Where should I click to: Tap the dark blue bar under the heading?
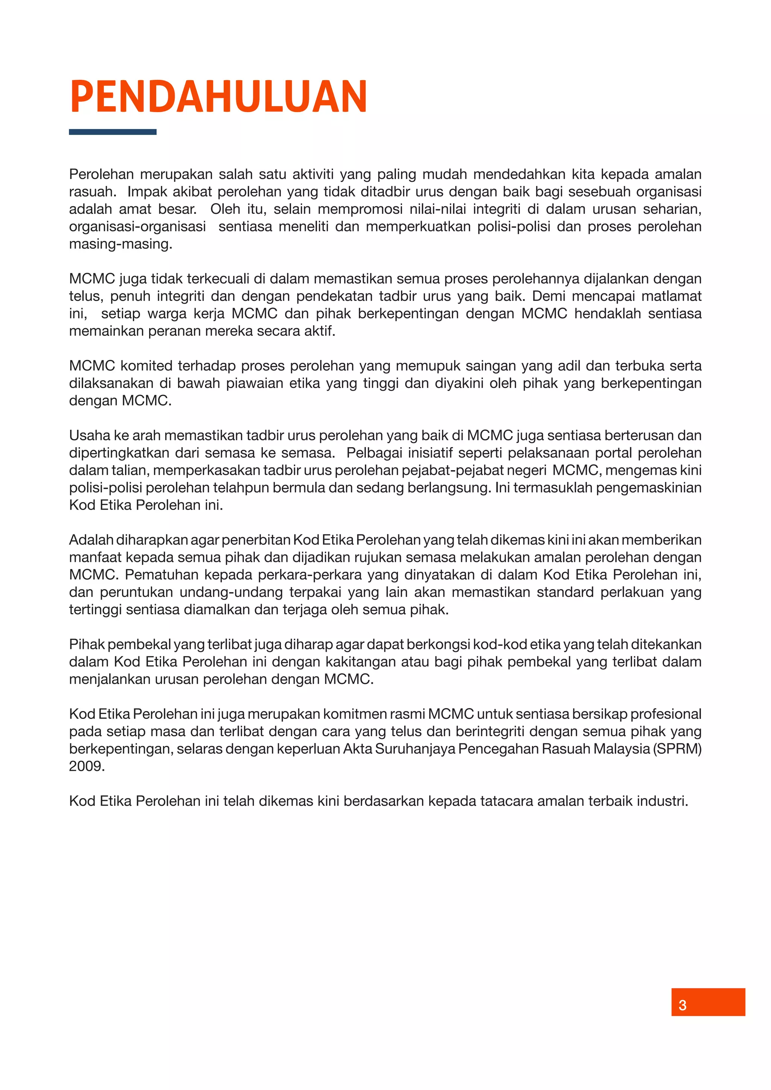pos(113,132)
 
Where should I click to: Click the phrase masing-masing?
pos(120,244)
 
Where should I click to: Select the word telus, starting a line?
pos(86,296)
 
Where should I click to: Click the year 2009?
pos(87,766)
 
